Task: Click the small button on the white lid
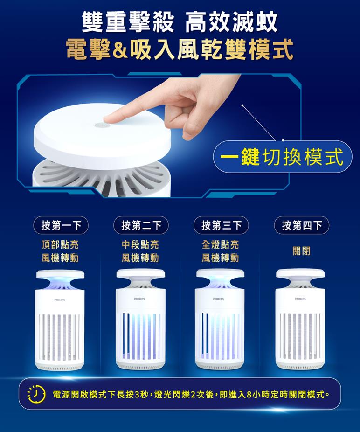click(x=102, y=125)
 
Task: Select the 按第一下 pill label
click(x=61, y=225)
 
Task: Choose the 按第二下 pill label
click(x=141, y=225)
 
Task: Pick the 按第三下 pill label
click(x=221, y=225)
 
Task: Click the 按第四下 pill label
click(x=302, y=225)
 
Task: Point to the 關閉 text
click(x=301, y=251)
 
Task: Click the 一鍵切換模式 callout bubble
click(x=283, y=156)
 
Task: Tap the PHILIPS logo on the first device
click(x=60, y=300)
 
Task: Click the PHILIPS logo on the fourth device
click(x=300, y=299)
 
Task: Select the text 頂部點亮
click(x=60, y=244)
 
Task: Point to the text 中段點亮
click(x=140, y=244)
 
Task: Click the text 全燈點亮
click(x=220, y=244)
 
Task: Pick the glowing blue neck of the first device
click(x=60, y=284)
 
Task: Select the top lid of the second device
click(x=140, y=273)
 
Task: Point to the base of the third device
click(x=220, y=365)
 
